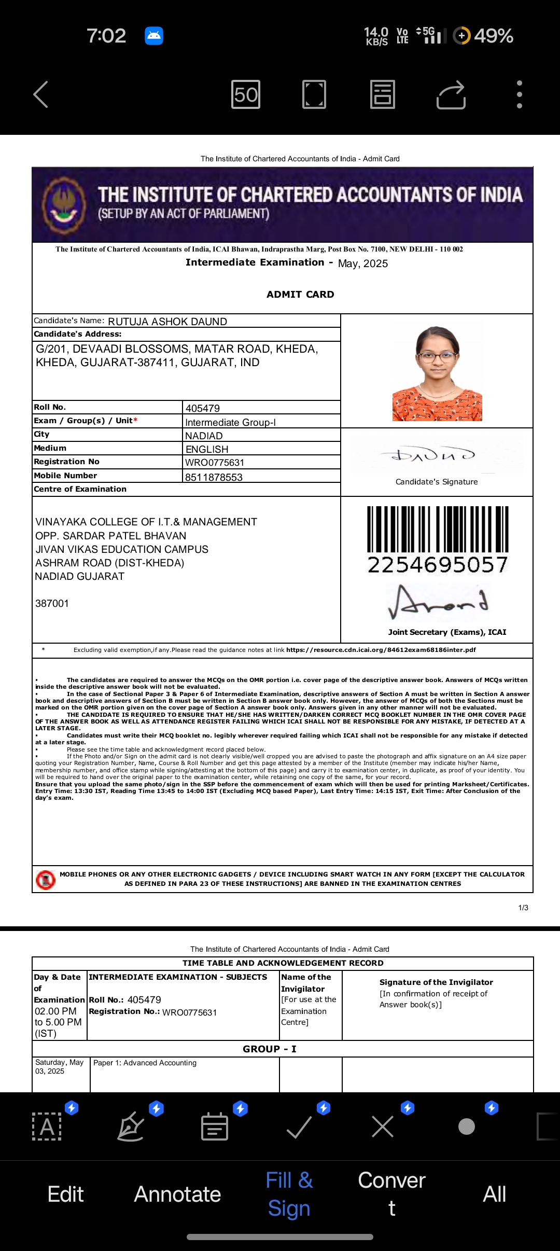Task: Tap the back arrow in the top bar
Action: pos(41,94)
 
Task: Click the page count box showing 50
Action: pos(246,94)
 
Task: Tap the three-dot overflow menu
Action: pos(519,94)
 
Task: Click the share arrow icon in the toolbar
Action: pos(451,94)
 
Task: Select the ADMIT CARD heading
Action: pos(300,295)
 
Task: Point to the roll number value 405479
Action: pos(203,408)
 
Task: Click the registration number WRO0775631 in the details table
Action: pos(215,462)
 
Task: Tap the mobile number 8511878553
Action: pos(214,477)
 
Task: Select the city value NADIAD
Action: pos(204,436)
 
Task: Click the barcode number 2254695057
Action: pos(438,565)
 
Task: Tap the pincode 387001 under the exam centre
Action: pos(52,603)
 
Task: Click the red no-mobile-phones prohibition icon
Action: pos(46,880)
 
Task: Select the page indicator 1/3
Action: pos(523,908)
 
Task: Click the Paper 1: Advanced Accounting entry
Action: pos(145,1063)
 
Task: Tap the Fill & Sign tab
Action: pos(289,1194)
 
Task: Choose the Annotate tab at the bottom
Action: pos(177,1194)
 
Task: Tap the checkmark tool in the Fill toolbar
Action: pos(299,1127)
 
